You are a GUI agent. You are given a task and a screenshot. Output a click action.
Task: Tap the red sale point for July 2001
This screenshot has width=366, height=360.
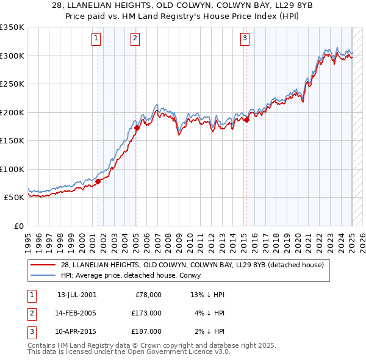[98, 181]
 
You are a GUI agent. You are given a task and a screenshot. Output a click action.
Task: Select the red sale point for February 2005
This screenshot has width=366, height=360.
[137, 128]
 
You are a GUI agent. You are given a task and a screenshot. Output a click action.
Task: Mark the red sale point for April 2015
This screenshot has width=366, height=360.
[247, 120]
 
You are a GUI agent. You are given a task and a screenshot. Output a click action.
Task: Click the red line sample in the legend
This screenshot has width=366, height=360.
[43, 265]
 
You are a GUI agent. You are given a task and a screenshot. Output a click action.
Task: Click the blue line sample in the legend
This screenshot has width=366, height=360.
[43, 275]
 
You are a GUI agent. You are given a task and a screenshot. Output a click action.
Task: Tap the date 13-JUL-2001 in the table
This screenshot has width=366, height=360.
[76, 295]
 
